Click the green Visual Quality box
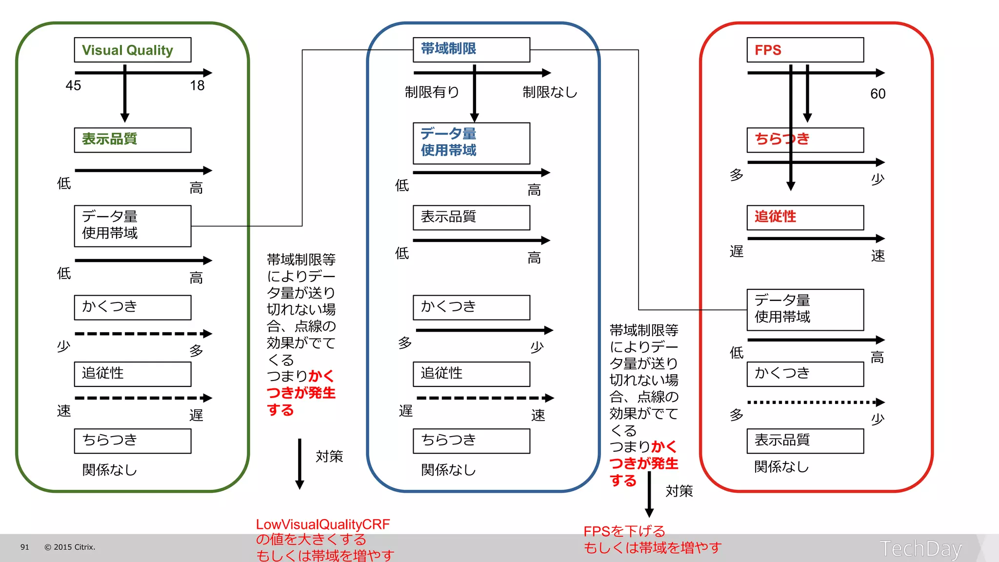[132, 50]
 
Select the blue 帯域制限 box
[471, 50]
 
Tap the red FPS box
[805, 50]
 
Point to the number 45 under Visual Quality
[73, 86]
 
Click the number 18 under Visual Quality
[197, 86]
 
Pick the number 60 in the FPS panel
[878, 94]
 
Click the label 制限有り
[432, 92]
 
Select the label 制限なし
[550, 92]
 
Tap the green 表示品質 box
[132, 140]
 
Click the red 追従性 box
[805, 217]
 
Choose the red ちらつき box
[805, 140]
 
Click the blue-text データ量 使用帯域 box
[471, 143]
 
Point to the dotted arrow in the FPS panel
[815, 402]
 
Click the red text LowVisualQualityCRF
[323, 524]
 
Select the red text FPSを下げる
[624, 531]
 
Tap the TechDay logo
[920, 549]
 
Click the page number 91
[25, 547]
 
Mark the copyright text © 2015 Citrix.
[70, 547]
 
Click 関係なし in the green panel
[109, 470]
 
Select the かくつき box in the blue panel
[471, 307]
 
